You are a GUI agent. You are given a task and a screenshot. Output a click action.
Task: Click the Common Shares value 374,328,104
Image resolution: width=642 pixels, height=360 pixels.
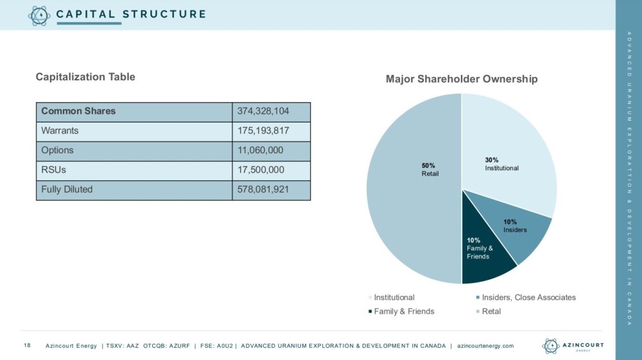pos(263,111)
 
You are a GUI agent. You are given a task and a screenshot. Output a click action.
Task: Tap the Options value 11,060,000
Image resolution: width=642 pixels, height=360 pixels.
pos(260,150)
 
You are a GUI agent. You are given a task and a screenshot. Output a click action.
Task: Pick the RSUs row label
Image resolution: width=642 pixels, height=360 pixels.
pos(53,170)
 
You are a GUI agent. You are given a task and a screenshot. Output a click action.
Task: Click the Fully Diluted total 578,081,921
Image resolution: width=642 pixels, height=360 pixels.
pos(263,189)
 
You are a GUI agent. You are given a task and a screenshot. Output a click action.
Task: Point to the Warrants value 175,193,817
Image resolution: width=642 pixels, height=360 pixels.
pos(263,131)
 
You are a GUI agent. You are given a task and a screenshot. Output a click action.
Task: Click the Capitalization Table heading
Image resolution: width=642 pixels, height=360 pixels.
pos(85,77)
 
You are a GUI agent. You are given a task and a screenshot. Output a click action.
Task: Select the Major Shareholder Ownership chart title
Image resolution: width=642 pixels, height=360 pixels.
pos(462,79)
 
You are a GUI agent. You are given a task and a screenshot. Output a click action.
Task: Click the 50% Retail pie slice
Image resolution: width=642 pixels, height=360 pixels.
pos(411,193)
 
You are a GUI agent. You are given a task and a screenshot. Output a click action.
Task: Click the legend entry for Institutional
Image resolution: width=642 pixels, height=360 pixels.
pos(394,297)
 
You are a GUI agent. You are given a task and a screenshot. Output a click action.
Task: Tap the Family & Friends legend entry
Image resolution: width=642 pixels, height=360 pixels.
pos(404,311)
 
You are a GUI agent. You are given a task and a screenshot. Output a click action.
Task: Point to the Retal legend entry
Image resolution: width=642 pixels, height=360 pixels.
pos(491,311)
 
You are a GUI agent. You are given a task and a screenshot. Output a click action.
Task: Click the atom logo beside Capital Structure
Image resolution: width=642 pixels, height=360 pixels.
pos(39,15)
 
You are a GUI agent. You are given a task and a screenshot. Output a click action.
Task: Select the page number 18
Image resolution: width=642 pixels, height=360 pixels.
pos(27,346)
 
